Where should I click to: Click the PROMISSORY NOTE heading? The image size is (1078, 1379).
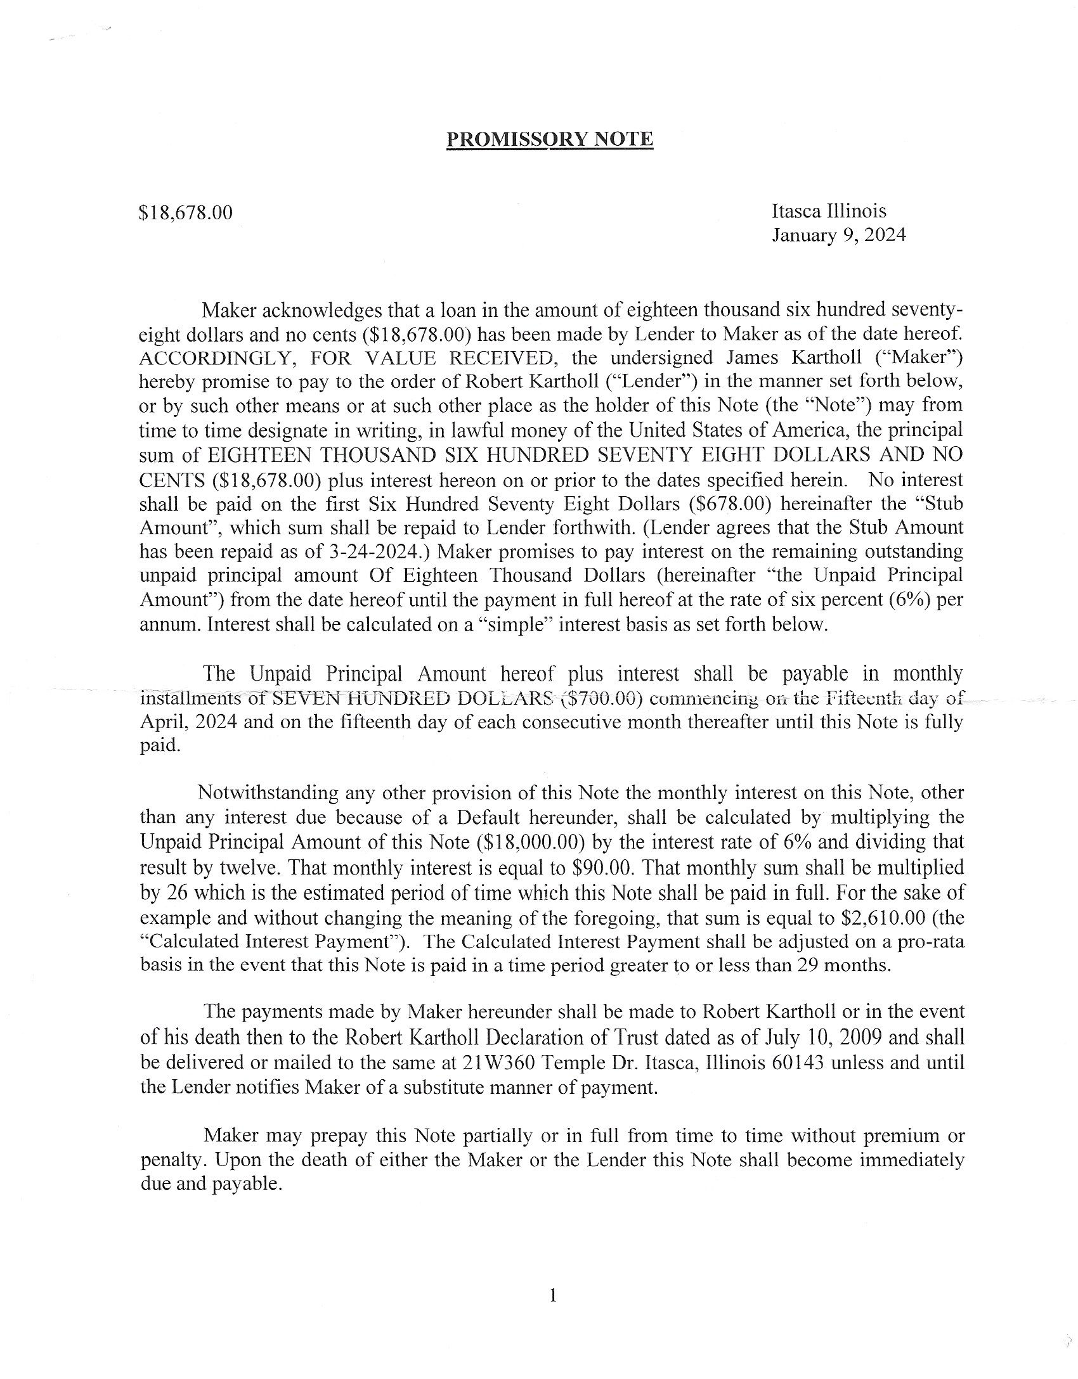coord(549,139)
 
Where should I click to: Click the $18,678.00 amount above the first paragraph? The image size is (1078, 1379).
coord(185,212)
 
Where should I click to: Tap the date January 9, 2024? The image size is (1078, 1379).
coord(838,235)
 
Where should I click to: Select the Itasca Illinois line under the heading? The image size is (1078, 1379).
coord(829,211)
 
